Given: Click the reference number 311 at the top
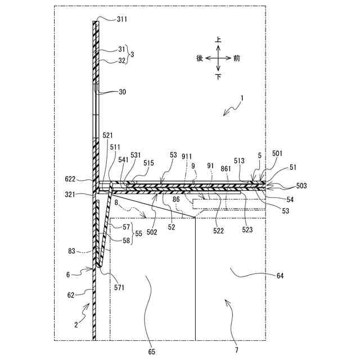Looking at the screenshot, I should pos(122,19).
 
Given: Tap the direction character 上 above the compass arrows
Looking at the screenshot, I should pos(218,40).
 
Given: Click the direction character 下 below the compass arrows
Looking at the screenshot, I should pos(218,76).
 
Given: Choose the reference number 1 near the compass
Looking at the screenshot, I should pos(242,98).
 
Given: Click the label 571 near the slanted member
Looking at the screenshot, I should pos(119,287).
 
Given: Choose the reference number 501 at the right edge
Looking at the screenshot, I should pos(277,153).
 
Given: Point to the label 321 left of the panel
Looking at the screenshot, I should pos(79,195).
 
